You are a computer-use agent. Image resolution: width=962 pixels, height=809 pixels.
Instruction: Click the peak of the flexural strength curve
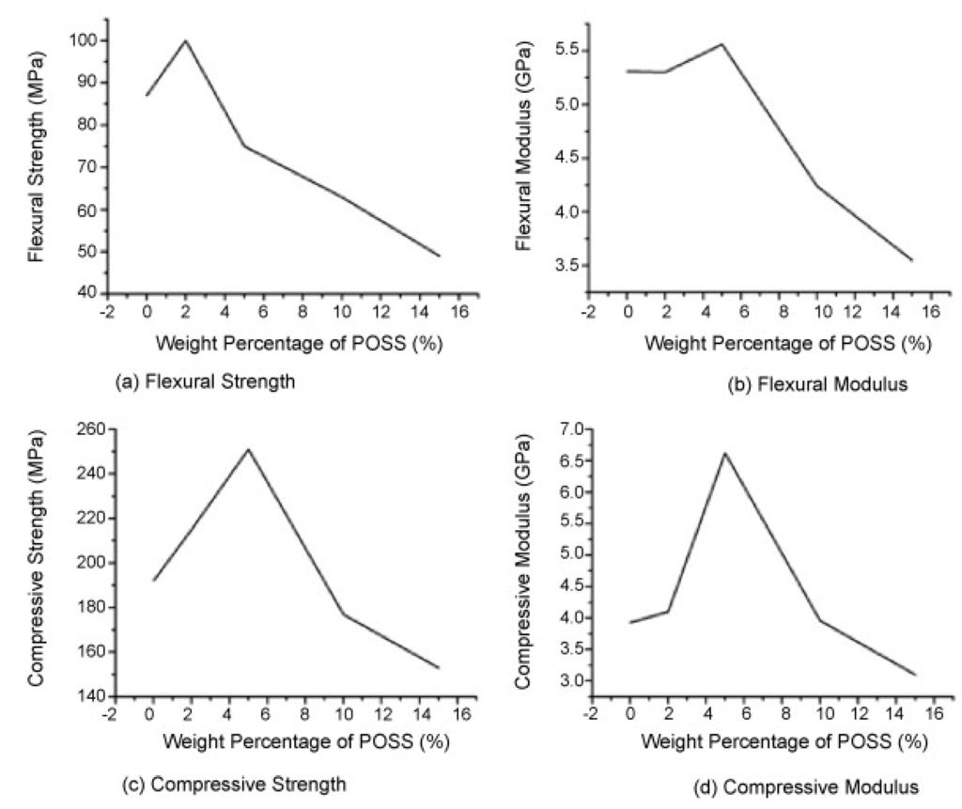coord(186,40)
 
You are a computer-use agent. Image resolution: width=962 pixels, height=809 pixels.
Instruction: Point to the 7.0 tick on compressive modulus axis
coord(561,429)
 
